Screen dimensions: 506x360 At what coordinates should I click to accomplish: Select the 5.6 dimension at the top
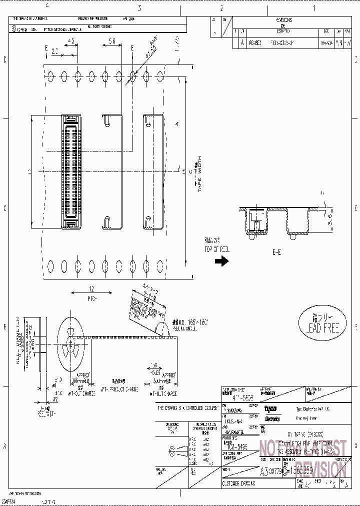click(x=112, y=41)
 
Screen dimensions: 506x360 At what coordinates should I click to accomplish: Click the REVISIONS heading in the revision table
click(x=283, y=20)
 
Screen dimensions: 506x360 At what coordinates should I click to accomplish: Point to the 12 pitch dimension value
click(x=91, y=289)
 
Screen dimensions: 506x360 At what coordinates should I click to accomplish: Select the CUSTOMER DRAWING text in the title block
click(x=238, y=483)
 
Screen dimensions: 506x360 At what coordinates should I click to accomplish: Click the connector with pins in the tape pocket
click(x=71, y=171)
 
